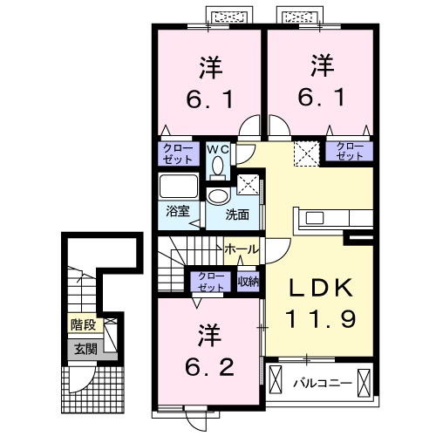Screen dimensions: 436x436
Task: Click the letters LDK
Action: coord(316,289)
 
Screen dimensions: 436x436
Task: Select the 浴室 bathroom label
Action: coord(177,211)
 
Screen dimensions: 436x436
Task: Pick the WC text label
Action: coord(217,148)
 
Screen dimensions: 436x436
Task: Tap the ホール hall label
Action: coord(241,249)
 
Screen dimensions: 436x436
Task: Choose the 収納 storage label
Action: coord(248,280)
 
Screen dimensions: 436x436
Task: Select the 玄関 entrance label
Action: coord(85,350)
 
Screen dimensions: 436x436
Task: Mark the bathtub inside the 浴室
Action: coord(180,187)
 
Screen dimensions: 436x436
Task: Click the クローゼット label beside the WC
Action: coord(178,153)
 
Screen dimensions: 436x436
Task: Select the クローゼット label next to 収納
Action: coord(210,280)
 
